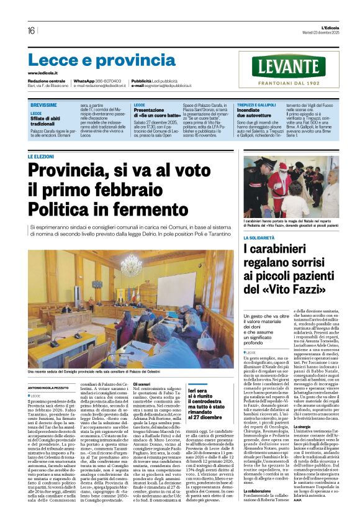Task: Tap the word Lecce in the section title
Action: [x=52, y=60]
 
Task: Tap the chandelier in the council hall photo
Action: [x=132, y=265]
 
